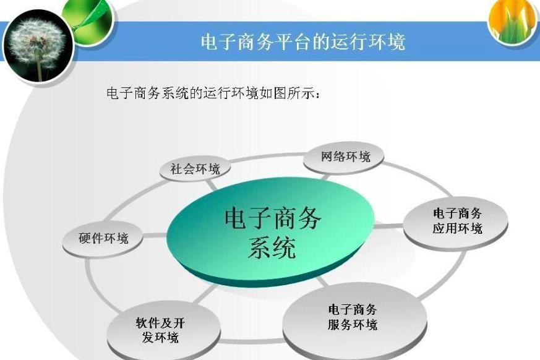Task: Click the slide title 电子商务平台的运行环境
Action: [x=302, y=42]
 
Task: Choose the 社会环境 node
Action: [x=195, y=169]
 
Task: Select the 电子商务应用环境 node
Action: [x=456, y=222]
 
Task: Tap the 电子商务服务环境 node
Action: [x=354, y=319]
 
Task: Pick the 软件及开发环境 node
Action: [x=162, y=330]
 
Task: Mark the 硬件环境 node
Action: [x=103, y=238]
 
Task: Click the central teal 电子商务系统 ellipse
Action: [x=270, y=231]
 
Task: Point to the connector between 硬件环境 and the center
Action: [x=155, y=236]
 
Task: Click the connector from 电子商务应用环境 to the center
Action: [x=389, y=226]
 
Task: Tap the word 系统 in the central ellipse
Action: [x=272, y=247]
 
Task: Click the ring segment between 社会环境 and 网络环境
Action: [x=266, y=156]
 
